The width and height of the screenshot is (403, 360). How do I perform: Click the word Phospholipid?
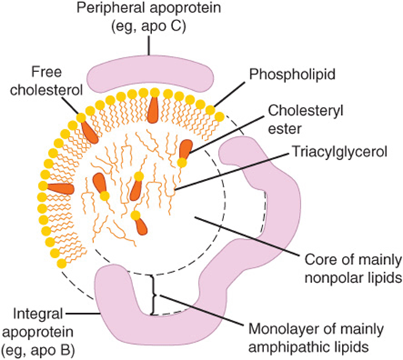click(x=292, y=74)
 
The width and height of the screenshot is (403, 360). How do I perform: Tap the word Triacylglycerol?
click(x=340, y=151)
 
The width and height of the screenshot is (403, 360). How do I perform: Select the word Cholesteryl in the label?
click(x=306, y=111)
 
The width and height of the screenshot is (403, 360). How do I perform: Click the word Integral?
click(x=38, y=313)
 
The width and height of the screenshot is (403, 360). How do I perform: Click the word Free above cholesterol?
click(x=47, y=72)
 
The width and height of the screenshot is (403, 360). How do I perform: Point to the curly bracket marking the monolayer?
click(x=153, y=295)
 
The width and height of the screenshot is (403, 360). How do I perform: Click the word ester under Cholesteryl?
click(x=284, y=129)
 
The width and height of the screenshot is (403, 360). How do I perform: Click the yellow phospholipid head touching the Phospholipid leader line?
click(x=210, y=111)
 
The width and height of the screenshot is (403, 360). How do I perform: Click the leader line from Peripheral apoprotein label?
click(x=148, y=46)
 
